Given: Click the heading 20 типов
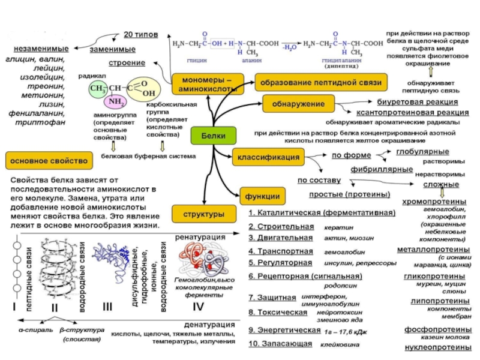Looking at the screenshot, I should [x=140, y=35].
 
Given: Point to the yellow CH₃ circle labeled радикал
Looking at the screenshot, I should [x=96, y=88].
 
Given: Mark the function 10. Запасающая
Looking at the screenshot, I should [x=280, y=344].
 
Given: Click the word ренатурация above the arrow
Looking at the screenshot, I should [x=195, y=238].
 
